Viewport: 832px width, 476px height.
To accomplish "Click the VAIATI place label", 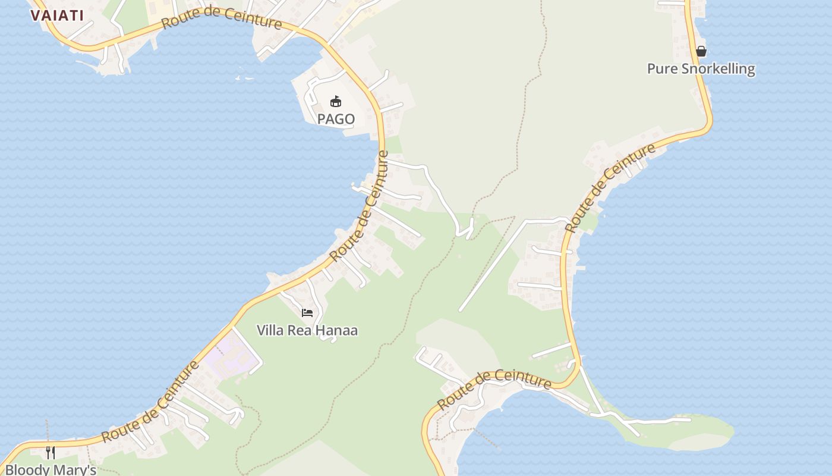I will click(57, 15).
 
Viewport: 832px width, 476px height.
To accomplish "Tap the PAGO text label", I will click(336, 119).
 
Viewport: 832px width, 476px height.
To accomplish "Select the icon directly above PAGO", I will click(336, 101).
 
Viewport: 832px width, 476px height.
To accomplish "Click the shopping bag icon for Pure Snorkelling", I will click(701, 51).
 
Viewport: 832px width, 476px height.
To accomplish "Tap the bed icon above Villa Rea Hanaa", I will click(307, 312).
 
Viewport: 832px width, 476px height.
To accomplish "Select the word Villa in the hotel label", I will click(270, 330).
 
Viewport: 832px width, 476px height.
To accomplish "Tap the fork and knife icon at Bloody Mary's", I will click(51, 453).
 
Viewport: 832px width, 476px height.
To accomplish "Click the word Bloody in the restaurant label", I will click(27, 470).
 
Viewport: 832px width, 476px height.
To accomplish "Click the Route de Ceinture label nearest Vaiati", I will click(221, 18).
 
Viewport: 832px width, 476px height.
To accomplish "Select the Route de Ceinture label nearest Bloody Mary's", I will click(150, 401).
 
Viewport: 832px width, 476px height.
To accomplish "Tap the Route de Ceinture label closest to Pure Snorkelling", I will click(611, 187).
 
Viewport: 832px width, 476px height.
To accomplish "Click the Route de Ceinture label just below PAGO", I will click(360, 206).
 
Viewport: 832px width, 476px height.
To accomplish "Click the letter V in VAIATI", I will click(35, 15).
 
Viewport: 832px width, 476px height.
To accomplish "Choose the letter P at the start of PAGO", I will click(322, 119).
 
